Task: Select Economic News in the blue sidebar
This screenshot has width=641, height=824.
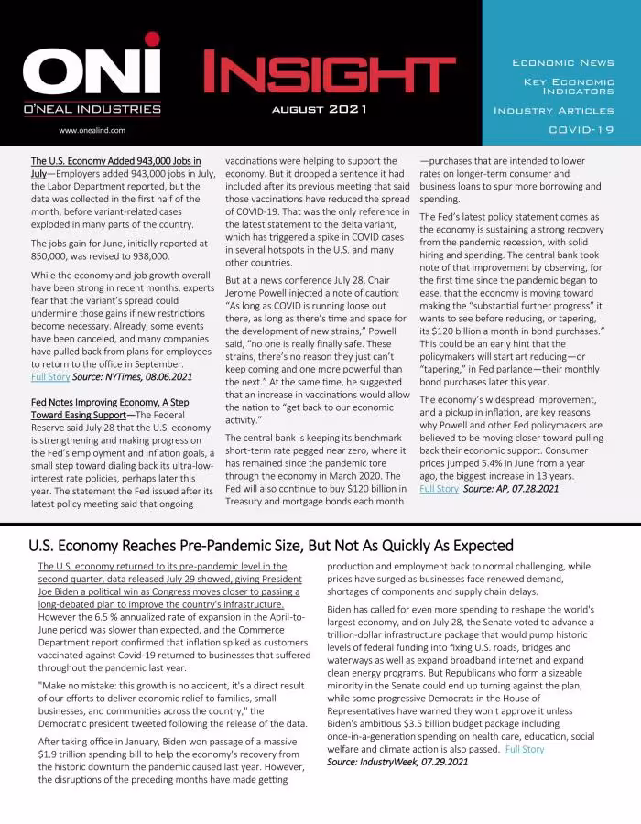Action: tap(562, 62)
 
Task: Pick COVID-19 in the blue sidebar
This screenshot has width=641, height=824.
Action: tap(581, 129)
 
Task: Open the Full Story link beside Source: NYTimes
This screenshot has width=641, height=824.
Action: tap(49, 376)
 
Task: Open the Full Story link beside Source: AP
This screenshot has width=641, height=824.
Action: tap(439, 489)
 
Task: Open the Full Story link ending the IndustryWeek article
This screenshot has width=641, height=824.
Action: tap(524, 749)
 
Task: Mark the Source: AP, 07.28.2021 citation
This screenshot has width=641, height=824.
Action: tap(510, 489)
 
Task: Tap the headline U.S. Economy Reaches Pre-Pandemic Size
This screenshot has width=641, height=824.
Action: tap(271, 546)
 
